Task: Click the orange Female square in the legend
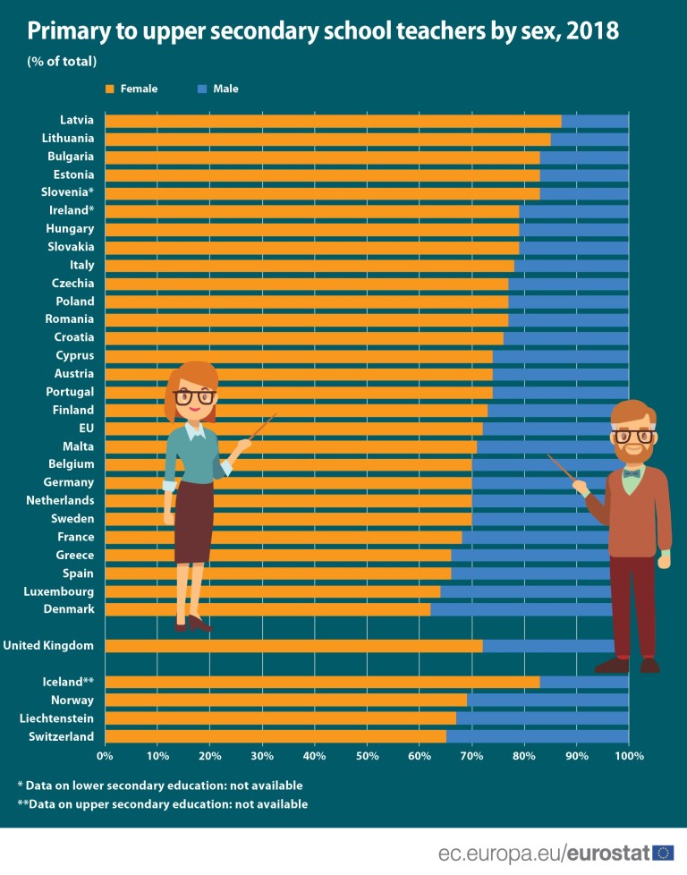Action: (x=110, y=89)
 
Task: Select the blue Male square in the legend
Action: (x=202, y=89)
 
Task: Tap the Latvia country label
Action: (x=77, y=120)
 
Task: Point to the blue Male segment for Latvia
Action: (x=595, y=121)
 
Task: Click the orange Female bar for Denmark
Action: (x=267, y=609)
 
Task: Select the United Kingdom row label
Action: (x=49, y=645)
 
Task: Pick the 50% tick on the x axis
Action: (x=367, y=757)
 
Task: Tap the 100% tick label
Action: (x=629, y=757)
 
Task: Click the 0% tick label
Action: (x=105, y=757)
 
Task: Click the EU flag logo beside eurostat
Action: (x=664, y=853)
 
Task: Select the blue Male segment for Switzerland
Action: (x=537, y=736)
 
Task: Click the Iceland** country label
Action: (x=68, y=682)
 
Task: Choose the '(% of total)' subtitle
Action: (x=62, y=62)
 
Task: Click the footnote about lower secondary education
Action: (x=160, y=786)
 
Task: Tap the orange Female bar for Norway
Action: (x=285, y=700)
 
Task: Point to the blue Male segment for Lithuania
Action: (x=589, y=139)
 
